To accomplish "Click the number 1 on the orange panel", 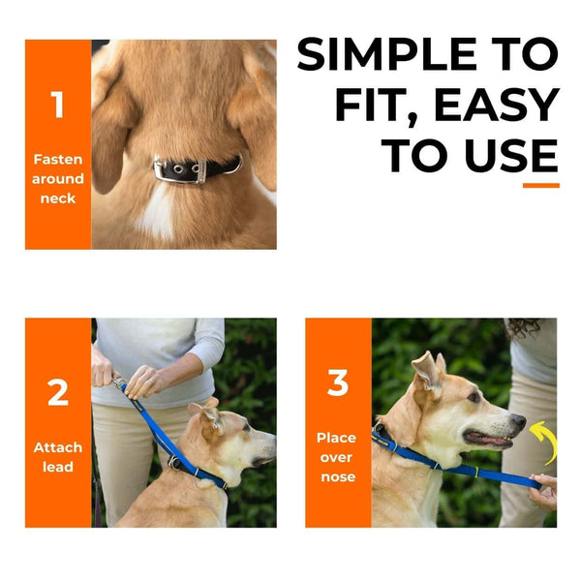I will pyautogui.click(x=57, y=105).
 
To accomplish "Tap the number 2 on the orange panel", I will pyautogui.click(x=58, y=392).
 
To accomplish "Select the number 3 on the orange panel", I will pyautogui.click(x=337, y=383).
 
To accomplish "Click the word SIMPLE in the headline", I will pyautogui.click(x=427, y=55).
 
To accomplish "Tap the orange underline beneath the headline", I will pyautogui.click(x=540, y=185).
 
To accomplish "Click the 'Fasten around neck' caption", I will pyautogui.click(x=58, y=179).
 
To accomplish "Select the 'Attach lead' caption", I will pyautogui.click(x=58, y=457).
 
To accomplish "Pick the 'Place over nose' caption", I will pyautogui.click(x=337, y=457).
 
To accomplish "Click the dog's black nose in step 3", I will pyautogui.click(x=519, y=422).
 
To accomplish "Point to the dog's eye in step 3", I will pyautogui.click(x=474, y=397).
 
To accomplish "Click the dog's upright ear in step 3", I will pyautogui.click(x=425, y=371).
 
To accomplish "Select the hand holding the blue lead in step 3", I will pyautogui.click(x=544, y=491).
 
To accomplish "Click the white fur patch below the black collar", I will pyautogui.click(x=157, y=211).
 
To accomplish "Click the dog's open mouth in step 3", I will pyautogui.click(x=492, y=441).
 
